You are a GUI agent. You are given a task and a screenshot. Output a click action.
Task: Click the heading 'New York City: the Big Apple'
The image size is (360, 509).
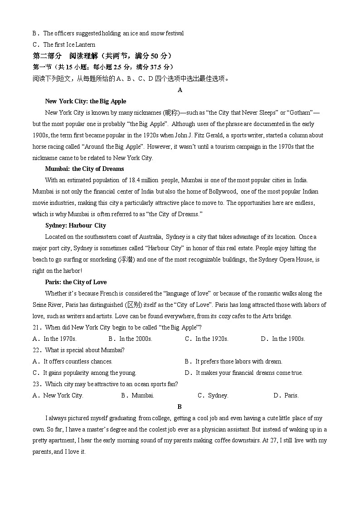coord(86,101)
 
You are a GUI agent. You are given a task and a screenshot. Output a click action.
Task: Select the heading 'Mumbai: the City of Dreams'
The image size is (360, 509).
coord(84,169)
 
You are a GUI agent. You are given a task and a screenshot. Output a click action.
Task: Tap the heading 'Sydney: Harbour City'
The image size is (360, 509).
coord(76,225)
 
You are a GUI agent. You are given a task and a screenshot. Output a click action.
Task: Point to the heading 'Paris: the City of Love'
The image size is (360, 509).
coord(76,282)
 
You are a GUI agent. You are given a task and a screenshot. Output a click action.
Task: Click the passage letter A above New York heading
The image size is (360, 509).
coord(180,90)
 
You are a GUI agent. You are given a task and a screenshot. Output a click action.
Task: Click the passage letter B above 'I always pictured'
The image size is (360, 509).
coord(180,407)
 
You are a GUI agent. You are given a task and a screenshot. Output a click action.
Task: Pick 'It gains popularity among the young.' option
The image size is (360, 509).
coord(89,373)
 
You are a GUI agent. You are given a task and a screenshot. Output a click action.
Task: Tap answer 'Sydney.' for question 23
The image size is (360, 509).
coord(218,395)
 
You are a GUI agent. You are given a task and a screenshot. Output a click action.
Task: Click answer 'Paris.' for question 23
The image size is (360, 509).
coord(291,395)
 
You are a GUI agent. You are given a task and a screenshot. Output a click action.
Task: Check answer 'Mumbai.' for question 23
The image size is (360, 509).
coord(142,395)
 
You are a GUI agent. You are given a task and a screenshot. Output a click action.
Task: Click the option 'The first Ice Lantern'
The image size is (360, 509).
coord(69,44)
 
